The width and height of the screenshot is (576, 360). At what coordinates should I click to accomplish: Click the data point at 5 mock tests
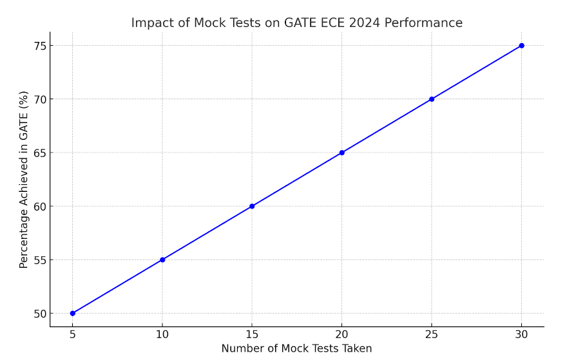pos(72,314)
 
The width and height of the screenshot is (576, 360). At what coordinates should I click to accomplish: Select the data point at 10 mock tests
pos(162,260)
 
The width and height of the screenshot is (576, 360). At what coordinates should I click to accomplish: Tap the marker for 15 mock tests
pos(252,206)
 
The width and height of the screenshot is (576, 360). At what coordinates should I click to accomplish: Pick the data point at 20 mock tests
pos(341,153)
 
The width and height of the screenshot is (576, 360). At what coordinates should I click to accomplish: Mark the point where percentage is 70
pos(432,99)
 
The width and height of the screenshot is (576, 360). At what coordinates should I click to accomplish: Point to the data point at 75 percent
pos(521,46)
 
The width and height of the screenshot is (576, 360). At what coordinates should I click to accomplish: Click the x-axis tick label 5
pos(72,334)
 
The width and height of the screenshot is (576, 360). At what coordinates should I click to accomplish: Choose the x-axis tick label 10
pos(162,334)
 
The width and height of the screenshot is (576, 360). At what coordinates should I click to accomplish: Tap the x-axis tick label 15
pos(252,334)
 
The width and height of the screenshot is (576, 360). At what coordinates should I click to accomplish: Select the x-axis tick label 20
pos(341,334)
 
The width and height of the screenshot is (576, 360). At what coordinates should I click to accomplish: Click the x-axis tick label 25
pos(432,334)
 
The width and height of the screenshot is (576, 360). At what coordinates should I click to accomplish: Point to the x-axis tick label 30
pos(521,334)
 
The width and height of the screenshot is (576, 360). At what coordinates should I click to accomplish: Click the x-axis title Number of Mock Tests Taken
pos(296,348)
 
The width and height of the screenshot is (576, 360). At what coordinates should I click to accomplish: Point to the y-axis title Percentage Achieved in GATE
pos(24,179)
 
